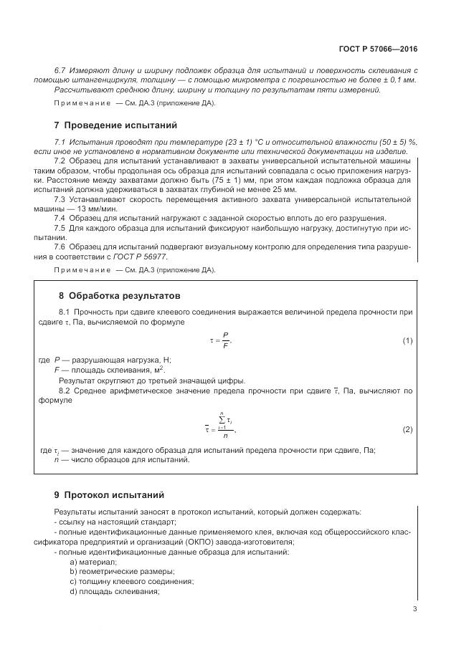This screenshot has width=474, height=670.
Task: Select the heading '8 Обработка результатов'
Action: pyautogui.click(x=118, y=295)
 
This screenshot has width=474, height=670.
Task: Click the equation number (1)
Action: pyautogui.click(x=407, y=340)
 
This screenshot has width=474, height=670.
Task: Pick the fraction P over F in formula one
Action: pyautogui.click(x=225, y=340)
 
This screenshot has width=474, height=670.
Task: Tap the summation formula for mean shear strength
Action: pyautogui.click(x=222, y=428)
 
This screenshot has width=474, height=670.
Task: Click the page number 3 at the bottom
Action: pyautogui.click(x=414, y=609)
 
